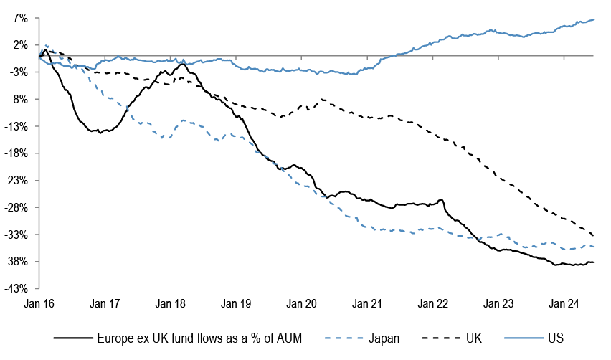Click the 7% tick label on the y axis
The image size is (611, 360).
20,18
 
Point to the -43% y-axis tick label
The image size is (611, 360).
17,288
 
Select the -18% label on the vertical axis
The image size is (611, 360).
17,153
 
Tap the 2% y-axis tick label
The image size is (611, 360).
20,44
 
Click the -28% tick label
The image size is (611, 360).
17,208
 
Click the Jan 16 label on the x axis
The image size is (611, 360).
39,303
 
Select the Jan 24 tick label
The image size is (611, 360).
564,303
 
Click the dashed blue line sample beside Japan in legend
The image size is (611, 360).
345,337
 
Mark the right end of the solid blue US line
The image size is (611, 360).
593,19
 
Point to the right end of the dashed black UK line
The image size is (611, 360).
593,236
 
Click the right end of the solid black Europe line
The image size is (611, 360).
593,262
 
